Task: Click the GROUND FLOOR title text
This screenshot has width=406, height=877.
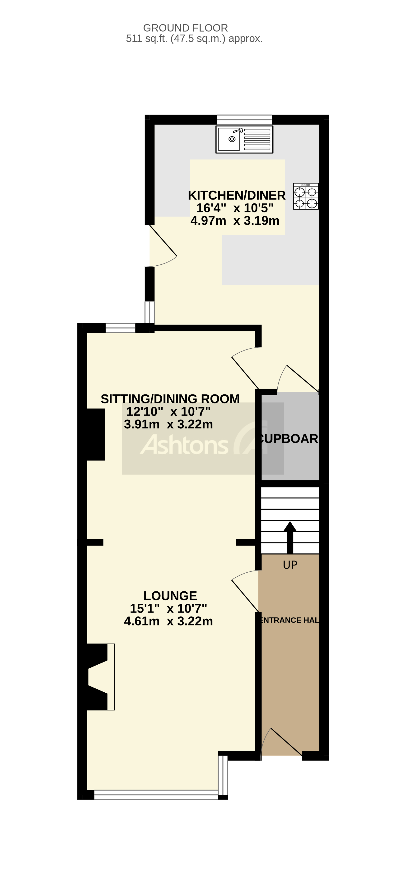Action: click(185, 28)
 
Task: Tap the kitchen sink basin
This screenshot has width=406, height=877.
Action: click(229, 139)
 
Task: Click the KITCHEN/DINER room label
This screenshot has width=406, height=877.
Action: click(237, 195)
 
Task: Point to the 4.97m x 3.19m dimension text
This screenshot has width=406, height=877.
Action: click(235, 220)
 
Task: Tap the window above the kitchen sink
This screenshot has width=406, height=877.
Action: click(244, 120)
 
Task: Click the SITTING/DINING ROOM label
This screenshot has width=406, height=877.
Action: click(170, 399)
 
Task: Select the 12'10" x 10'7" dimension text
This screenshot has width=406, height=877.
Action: click(168, 412)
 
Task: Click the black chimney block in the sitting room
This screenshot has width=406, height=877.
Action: click(96, 434)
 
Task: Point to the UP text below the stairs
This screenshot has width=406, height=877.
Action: click(290, 565)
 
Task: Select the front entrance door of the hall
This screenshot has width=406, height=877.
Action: click(286, 741)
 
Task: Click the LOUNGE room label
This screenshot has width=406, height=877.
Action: click(170, 596)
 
